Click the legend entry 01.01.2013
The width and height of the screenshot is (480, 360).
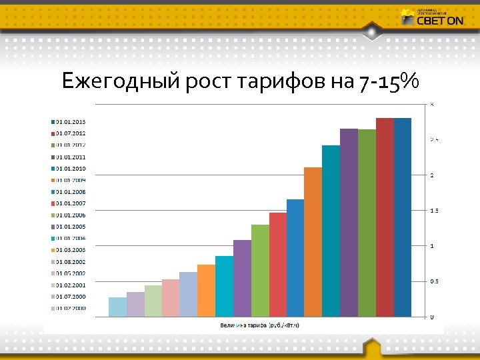click(x=71, y=122)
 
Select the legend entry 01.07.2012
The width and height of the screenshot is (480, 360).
click(x=71, y=133)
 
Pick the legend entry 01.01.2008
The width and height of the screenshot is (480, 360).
click(x=71, y=192)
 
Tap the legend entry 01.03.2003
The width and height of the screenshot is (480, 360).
click(x=71, y=249)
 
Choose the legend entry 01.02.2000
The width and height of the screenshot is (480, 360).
click(x=71, y=308)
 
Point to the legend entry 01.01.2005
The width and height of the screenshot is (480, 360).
click(x=71, y=227)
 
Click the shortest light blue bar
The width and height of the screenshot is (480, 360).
click(x=117, y=307)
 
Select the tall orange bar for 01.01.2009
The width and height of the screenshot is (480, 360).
click(x=313, y=241)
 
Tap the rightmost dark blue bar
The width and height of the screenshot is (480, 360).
click(x=403, y=217)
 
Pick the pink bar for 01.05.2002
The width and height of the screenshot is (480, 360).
click(x=171, y=297)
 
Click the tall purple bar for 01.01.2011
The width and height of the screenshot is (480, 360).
click(x=349, y=222)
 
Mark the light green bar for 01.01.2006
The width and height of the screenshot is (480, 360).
click(x=260, y=270)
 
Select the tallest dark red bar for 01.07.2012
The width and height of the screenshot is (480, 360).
click(x=385, y=217)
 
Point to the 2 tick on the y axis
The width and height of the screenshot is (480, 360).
click(x=432, y=175)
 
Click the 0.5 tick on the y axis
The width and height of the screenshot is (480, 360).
click(x=434, y=281)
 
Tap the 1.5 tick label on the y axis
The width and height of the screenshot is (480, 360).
click(x=434, y=211)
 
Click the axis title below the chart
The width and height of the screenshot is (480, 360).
click(x=259, y=325)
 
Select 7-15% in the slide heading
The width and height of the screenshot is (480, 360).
click(x=388, y=81)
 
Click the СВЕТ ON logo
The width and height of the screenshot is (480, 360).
click(x=433, y=18)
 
